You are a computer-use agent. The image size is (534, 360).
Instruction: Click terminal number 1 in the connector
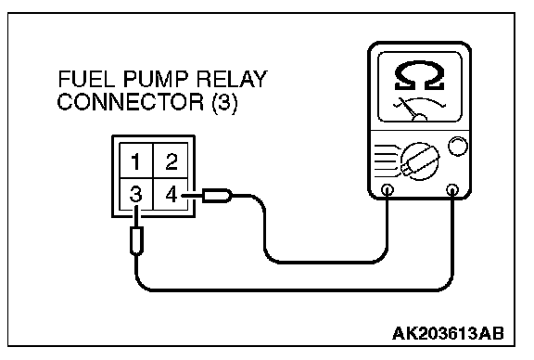tap(136, 161)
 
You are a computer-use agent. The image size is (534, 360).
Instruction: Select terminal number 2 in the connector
tap(172, 161)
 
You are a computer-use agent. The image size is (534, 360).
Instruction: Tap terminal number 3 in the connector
tap(135, 195)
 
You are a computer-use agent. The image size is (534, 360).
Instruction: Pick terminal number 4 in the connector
tap(172, 195)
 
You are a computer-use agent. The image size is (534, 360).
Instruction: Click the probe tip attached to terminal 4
tap(217, 196)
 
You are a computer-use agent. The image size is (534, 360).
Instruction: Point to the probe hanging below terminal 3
tap(136, 240)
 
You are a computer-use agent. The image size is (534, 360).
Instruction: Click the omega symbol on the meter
tap(420, 76)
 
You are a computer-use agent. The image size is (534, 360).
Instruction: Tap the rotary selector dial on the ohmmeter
tap(420, 161)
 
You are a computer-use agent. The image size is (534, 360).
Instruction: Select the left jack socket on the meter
tap(388, 189)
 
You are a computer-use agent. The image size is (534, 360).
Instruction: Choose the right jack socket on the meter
tap(451, 189)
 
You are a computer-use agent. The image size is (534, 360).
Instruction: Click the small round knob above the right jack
tap(458, 147)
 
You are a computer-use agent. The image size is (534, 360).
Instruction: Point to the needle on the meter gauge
tap(408, 109)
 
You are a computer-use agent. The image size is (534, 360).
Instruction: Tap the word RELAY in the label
tap(233, 79)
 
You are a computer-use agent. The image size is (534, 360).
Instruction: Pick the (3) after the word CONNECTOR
tap(224, 102)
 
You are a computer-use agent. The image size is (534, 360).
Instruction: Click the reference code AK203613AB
tap(448, 333)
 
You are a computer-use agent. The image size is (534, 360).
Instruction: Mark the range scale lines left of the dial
tap(386, 161)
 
